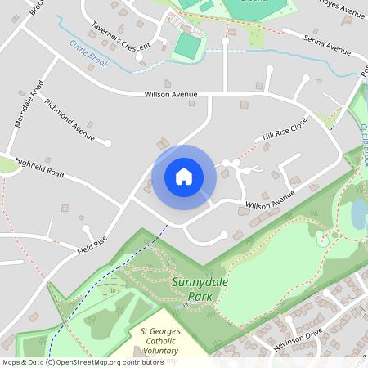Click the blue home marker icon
(184, 177)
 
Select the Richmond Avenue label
(70, 116)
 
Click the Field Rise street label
(92, 243)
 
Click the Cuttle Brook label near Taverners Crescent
(88, 53)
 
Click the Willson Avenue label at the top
(171, 95)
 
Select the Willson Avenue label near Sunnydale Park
(270, 200)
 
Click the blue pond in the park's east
(359, 214)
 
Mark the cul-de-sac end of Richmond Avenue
(108, 143)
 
